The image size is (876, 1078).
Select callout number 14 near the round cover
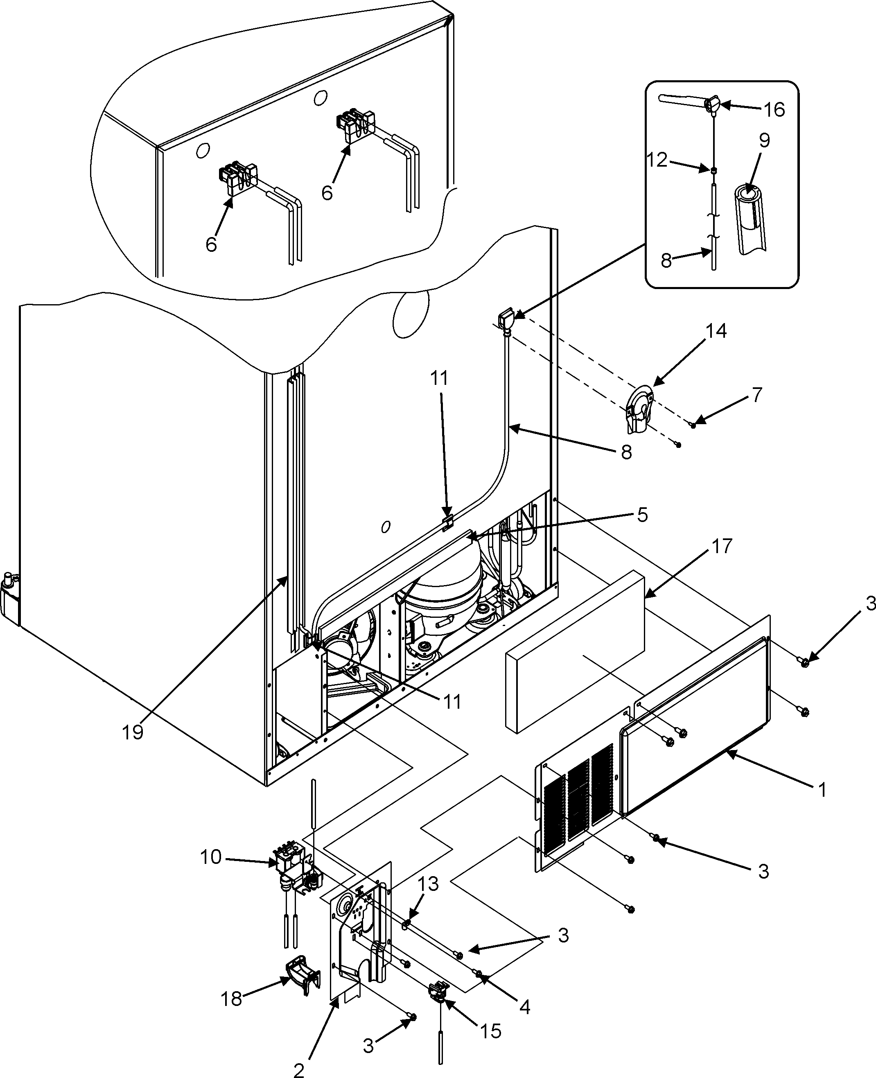pos(716,331)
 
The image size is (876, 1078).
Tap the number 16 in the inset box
pos(774,109)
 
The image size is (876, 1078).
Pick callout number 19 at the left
pos(133,732)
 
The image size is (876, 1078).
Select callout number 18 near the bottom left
pos(232,999)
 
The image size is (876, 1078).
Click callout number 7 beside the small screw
pos(756,395)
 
